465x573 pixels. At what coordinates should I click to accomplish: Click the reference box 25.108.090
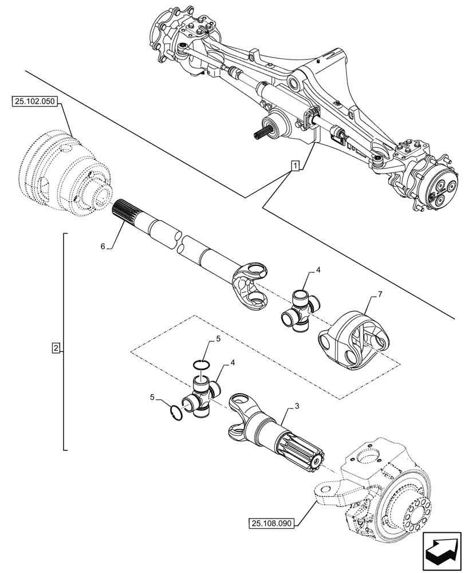point(271,523)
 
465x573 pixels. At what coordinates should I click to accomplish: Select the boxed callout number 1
point(294,166)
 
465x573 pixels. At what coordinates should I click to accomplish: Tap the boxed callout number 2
point(56,348)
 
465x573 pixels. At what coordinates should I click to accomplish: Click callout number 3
point(297,406)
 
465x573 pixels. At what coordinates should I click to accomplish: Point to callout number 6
point(103,246)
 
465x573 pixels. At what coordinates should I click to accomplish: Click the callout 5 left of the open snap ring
point(152,396)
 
